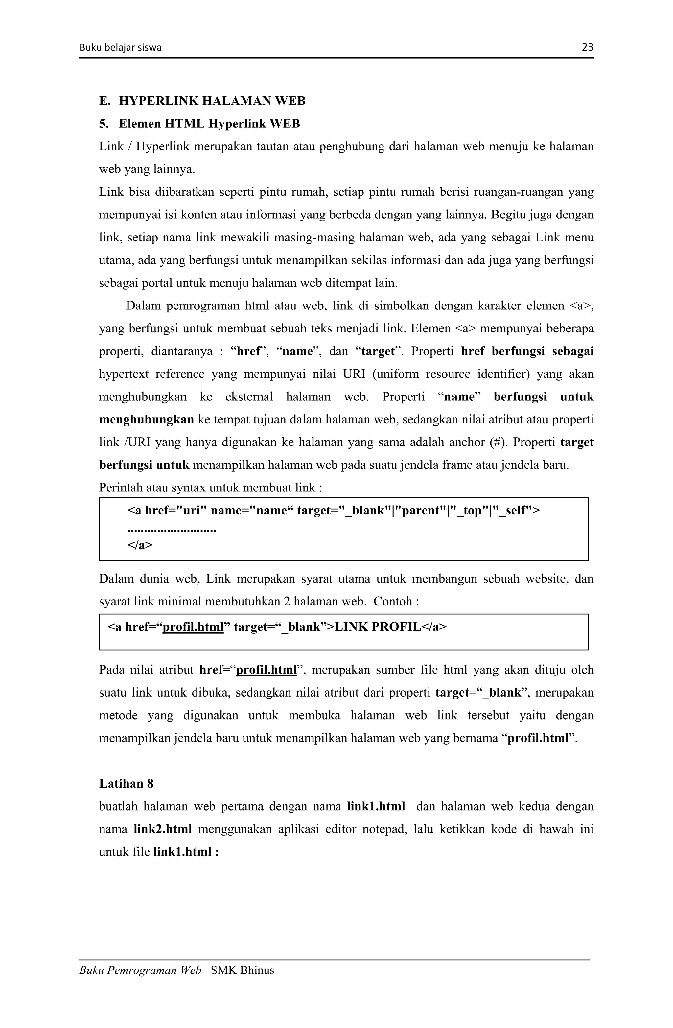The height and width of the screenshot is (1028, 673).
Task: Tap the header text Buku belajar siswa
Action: (120, 48)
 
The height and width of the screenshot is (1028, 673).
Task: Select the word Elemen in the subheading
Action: (140, 124)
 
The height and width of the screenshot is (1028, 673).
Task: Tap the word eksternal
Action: (249, 397)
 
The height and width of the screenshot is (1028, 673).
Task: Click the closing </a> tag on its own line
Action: (140, 545)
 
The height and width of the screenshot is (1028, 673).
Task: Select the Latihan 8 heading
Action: (126, 784)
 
